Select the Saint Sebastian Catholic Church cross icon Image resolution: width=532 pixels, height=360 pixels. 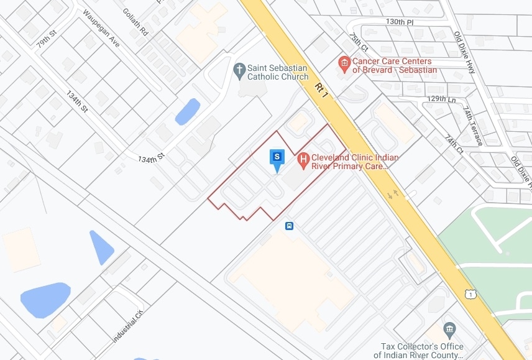tap(239, 70)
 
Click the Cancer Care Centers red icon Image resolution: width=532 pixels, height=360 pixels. tap(344, 63)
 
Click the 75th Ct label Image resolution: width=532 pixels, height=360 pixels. tap(359, 42)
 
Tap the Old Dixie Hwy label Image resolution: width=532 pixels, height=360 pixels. tap(464, 53)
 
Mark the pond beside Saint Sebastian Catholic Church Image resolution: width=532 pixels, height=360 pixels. tap(187, 111)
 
